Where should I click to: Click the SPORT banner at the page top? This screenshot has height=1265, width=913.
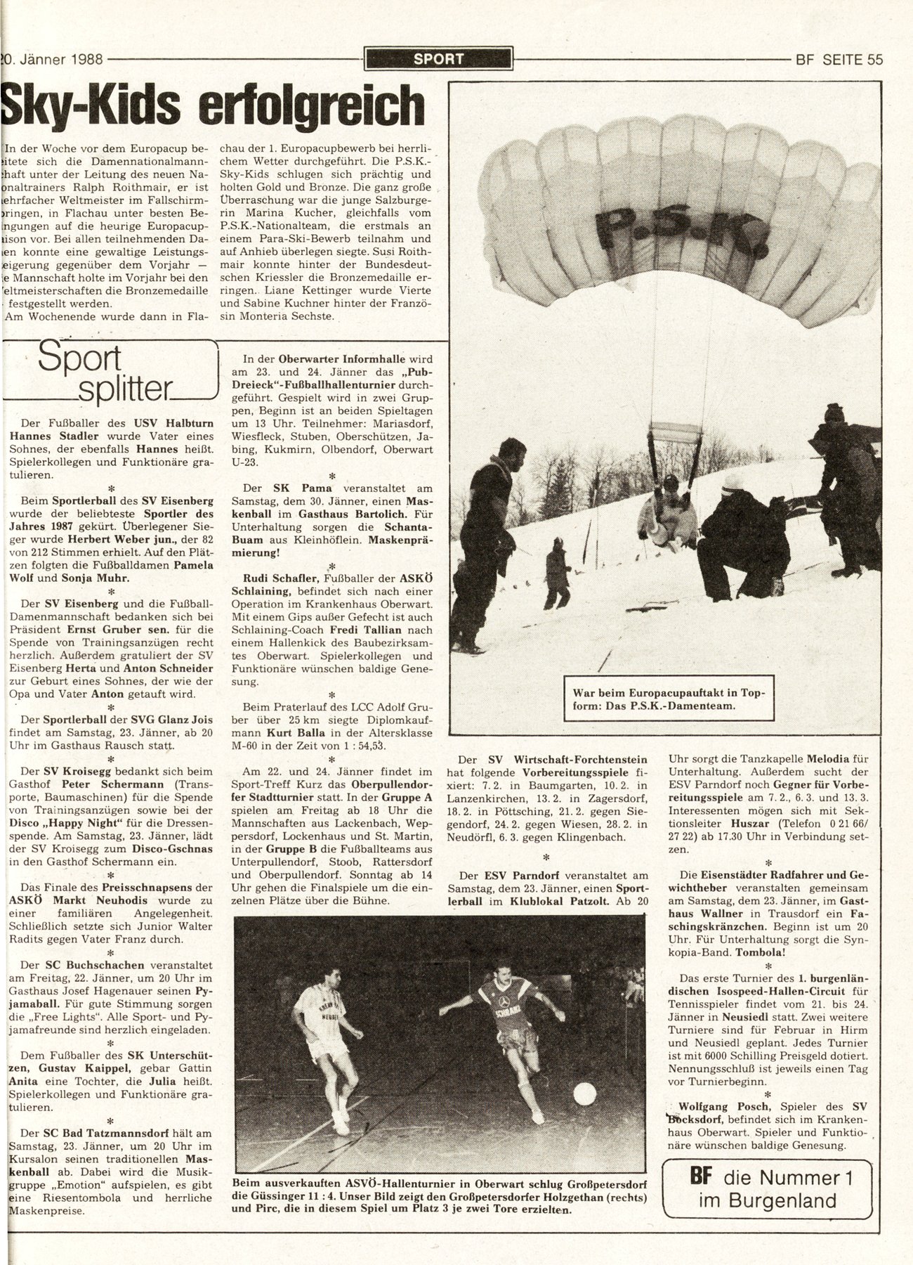[x=439, y=59]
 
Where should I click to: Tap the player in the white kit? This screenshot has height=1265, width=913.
[x=327, y=1030]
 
